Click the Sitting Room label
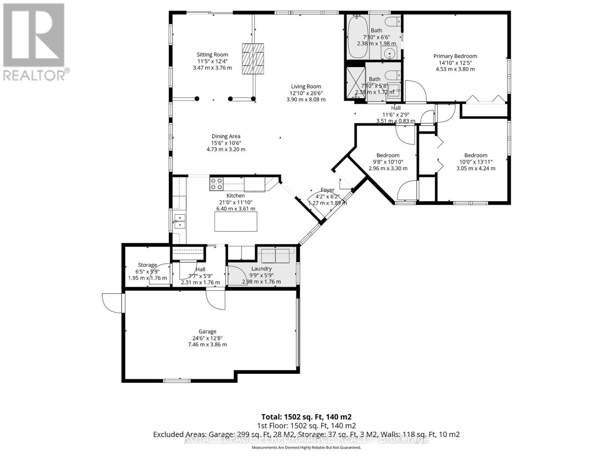212,55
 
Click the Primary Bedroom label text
455,56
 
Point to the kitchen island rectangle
236,222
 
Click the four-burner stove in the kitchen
216,184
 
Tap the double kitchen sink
180,222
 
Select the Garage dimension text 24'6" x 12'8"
207,338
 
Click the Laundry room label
261,269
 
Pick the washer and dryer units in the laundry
275,256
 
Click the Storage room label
148,265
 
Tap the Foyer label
328,190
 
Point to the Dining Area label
226,136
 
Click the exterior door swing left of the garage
112,303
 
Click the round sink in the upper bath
390,54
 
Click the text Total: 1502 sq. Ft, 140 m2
306,417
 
